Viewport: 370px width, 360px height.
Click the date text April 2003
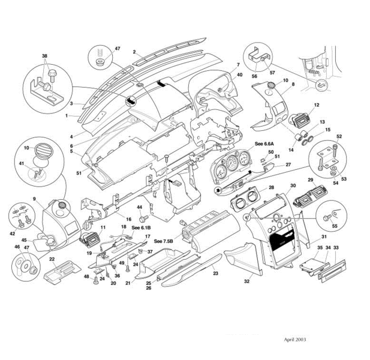294,339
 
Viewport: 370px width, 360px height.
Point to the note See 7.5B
163,241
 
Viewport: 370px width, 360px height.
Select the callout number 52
339,136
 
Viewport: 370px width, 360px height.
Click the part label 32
247,281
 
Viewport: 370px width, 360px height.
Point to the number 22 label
52,259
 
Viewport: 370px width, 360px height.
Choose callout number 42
13,233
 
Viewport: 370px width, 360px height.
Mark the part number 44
139,207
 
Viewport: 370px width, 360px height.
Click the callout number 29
311,180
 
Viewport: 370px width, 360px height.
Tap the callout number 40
240,75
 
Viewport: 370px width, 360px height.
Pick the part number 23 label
214,272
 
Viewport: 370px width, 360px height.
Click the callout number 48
86,277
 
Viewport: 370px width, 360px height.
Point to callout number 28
271,188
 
